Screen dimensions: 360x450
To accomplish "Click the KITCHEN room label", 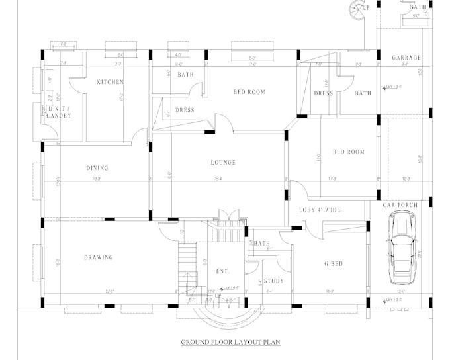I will pos(111,82).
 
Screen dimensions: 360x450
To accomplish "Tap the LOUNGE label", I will pos(223,162).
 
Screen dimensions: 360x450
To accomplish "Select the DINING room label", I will pos(97,168).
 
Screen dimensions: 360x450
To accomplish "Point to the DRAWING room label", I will pos(98,257).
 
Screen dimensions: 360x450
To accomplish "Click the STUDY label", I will pos(273,281).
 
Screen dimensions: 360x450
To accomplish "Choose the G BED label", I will pos(333,264).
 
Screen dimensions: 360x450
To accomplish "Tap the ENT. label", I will pos(222,271).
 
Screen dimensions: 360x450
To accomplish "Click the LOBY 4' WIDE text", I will pos(320,210).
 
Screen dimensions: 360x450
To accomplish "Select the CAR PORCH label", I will pos(400,205).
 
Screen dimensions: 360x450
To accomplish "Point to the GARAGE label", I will pos(406,58).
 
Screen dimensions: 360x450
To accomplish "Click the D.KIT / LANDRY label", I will pos(60,112).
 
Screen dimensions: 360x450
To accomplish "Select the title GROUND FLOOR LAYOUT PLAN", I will pos(232,342).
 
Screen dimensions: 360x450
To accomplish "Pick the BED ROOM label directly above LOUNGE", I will pos(249,92).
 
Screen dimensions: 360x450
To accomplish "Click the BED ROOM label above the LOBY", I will pos(348,152).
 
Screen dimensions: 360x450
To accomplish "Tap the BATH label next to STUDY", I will pos(261,244).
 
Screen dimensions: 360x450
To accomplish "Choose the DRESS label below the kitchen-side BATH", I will pos(185,110).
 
